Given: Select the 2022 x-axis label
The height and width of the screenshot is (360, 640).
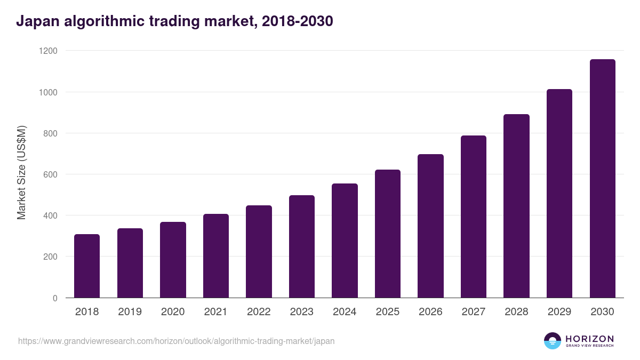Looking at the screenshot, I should pyautogui.click(x=259, y=312).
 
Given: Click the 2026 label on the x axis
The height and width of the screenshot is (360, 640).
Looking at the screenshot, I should pyautogui.click(x=430, y=312).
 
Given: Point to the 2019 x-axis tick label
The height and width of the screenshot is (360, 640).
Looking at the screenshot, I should pyautogui.click(x=130, y=312).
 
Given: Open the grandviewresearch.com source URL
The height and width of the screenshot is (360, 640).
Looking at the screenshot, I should pyautogui.click(x=177, y=341).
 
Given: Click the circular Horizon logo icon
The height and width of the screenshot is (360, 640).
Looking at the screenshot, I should pyautogui.click(x=553, y=341).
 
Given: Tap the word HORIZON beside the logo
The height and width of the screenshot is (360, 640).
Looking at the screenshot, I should pyautogui.click(x=589, y=338).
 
